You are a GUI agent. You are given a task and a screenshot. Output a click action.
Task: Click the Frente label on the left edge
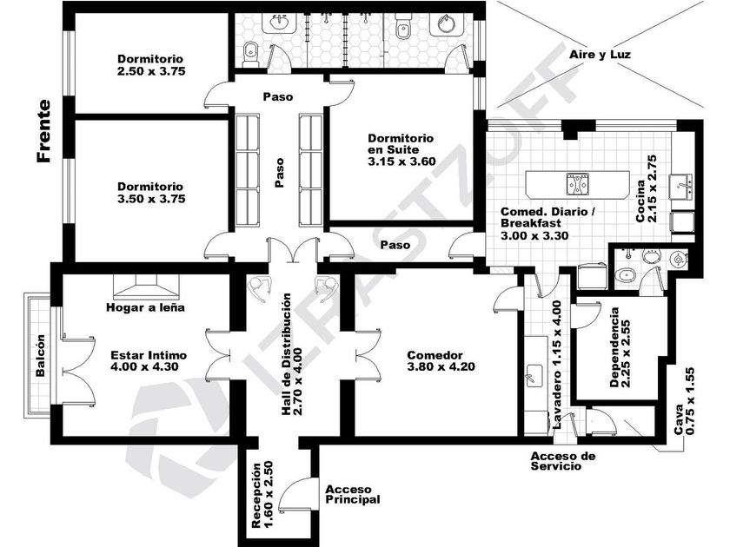point(43,131)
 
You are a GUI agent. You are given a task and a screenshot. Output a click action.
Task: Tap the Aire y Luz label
point(600,55)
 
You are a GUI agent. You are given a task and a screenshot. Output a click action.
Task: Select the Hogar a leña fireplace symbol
point(146,287)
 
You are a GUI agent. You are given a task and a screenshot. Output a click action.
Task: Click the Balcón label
point(41,355)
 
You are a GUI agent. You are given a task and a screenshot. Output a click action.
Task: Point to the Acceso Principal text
point(353,494)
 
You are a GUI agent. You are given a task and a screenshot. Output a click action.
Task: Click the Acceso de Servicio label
point(562,461)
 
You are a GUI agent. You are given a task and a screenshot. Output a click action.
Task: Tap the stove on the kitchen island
point(577,183)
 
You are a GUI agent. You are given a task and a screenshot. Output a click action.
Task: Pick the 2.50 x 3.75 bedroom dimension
point(151,71)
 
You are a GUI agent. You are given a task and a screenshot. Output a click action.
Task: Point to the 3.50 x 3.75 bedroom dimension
point(151,199)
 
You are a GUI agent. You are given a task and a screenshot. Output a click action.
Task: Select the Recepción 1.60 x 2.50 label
point(262,494)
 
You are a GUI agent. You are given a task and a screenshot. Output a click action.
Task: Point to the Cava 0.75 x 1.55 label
point(685,401)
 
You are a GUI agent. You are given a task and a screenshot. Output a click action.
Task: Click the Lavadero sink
point(534,375)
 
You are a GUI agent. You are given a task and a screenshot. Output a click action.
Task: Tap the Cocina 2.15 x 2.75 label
point(647,188)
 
